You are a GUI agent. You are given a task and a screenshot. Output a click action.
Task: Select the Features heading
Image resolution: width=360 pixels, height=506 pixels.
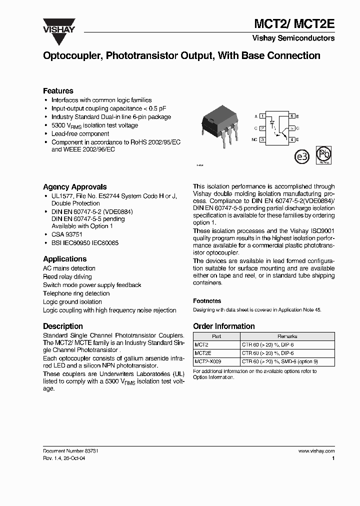[x=58, y=91]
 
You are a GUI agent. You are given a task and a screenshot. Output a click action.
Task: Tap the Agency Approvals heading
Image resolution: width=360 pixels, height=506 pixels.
[x=74, y=187]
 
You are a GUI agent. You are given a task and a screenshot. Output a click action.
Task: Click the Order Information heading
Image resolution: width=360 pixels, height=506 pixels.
[x=223, y=326]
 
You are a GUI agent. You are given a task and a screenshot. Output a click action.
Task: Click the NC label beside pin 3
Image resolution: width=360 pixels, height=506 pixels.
[x=254, y=139]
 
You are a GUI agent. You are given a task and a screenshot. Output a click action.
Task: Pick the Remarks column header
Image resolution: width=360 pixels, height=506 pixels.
[x=287, y=336]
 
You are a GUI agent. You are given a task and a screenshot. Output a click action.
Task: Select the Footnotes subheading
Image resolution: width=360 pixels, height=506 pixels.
[x=207, y=301]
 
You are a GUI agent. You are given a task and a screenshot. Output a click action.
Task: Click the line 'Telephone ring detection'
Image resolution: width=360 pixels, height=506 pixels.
[x=76, y=293]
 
